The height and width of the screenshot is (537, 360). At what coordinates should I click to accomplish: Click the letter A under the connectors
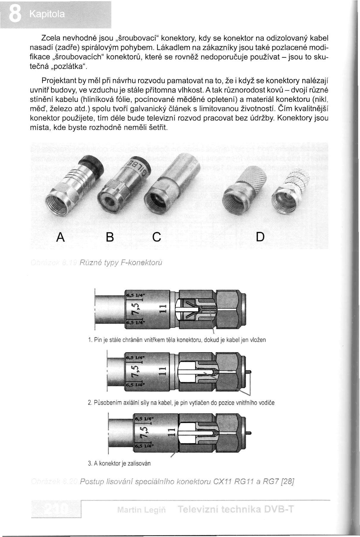61,237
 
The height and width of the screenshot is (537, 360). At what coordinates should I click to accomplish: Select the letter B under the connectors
110,237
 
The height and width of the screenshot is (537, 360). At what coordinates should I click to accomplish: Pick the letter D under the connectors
260,237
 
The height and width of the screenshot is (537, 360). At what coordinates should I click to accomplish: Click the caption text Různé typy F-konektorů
121,263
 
